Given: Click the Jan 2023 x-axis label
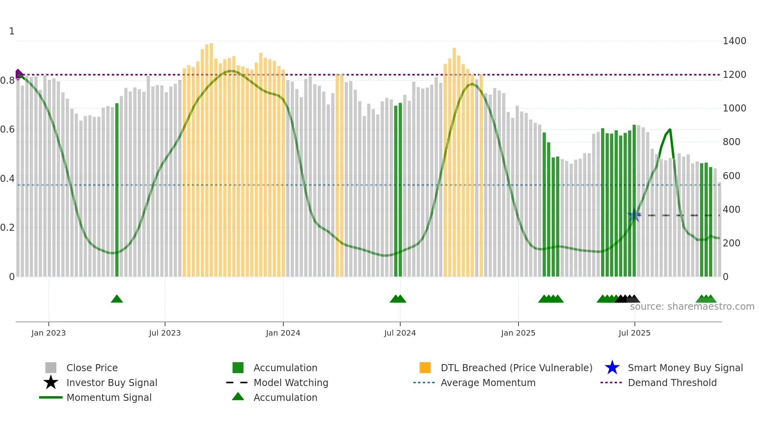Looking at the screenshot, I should point(49,333).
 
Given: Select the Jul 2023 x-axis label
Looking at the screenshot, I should point(165,333).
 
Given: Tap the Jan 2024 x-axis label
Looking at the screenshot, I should point(283,333).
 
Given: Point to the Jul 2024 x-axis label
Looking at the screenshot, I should point(400,333).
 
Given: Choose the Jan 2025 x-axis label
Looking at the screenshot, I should point(518,333).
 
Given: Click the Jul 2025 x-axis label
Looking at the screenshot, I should point(634,333).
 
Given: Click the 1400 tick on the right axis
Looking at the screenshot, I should point(735,41).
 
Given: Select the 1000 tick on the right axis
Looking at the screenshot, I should point(735,108).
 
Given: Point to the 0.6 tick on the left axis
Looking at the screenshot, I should point(7,129).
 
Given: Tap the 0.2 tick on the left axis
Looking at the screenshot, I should point(7,228).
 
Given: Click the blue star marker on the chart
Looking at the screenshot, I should point(634,215).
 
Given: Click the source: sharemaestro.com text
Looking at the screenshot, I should point(692,307).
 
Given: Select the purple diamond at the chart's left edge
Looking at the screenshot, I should point(18,74).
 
